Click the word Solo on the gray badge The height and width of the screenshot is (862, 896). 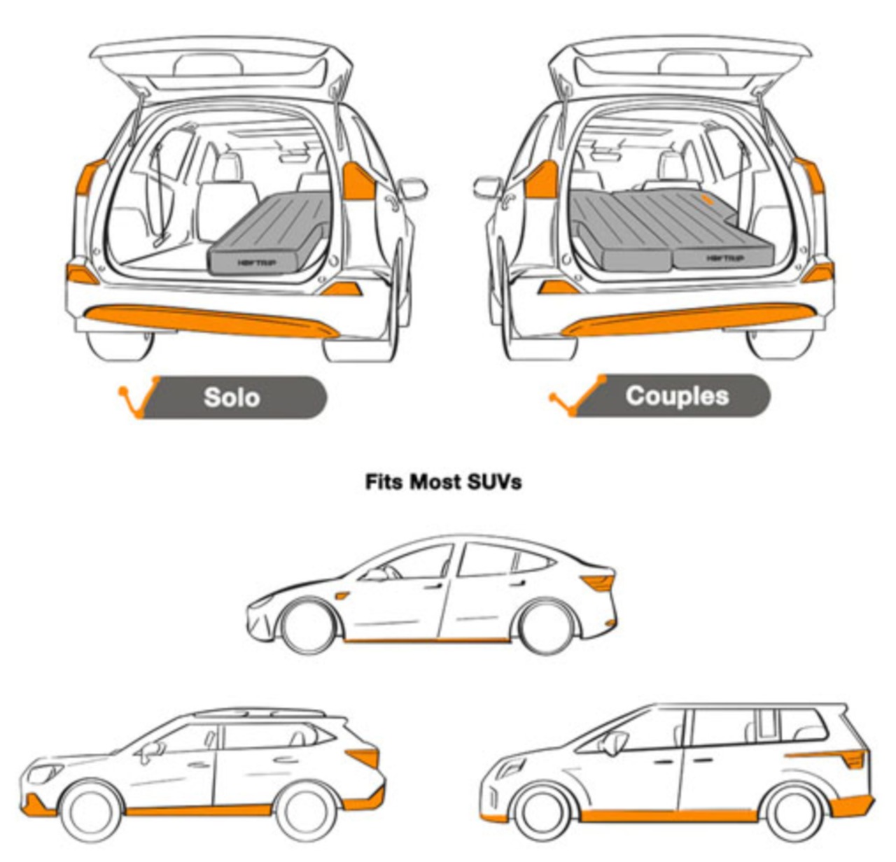coord(231,397)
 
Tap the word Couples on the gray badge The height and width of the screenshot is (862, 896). coord(677,395)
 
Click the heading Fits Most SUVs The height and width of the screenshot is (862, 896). coord(443,482)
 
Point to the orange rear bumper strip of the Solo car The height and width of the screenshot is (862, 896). coord(210,321)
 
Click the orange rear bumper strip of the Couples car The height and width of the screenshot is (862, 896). coord(689,320)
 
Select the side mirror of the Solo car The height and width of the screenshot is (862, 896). coord(412,189)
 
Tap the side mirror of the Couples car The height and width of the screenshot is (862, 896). coord(487,187)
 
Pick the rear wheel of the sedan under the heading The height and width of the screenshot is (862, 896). coord(545,625)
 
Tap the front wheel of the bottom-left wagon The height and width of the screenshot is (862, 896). coord(91,812)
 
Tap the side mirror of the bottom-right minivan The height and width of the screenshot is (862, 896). coord(614,743)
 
